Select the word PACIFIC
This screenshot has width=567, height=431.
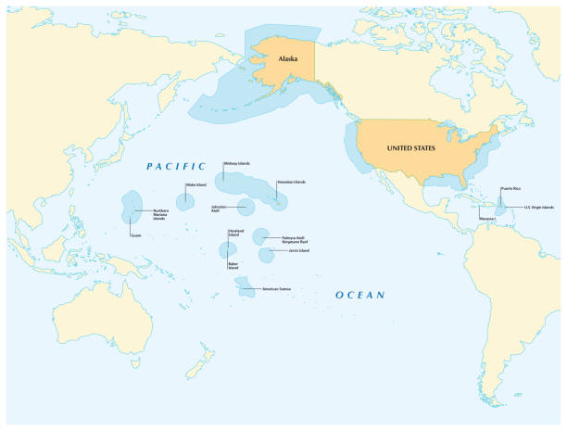pyautogui.click(x=176, y=166)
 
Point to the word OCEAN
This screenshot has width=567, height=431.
pyautogui.click(x=359, y=295)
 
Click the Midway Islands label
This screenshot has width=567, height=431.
pyautogui.click(x=236, y=163)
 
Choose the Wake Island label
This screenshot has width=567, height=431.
pyautogui.click(x=196, y=185)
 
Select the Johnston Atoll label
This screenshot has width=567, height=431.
pyautogui.click(x=219, y=209)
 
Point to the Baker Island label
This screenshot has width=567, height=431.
pyautogui.click(x=234, y=267)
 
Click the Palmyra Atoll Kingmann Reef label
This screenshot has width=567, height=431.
pyautogui.click(x=296, y=239)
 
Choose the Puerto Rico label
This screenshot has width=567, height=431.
pyautogui.click(x=510, y=188)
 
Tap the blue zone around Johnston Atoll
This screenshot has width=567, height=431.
pyautogui.click(x=246, y=207)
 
